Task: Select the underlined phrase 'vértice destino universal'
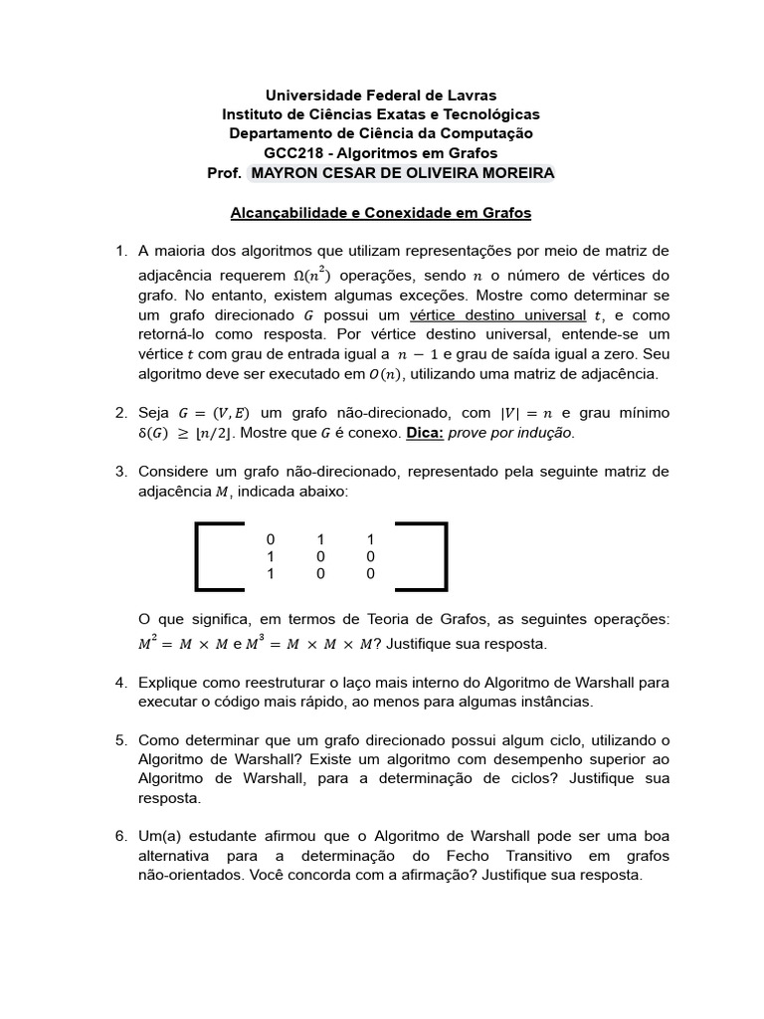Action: (x=499, y=314)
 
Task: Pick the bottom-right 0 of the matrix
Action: (x=370, y=574)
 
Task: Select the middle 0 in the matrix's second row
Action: (x=321, y=556)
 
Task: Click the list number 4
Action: (x=120, y=682)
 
